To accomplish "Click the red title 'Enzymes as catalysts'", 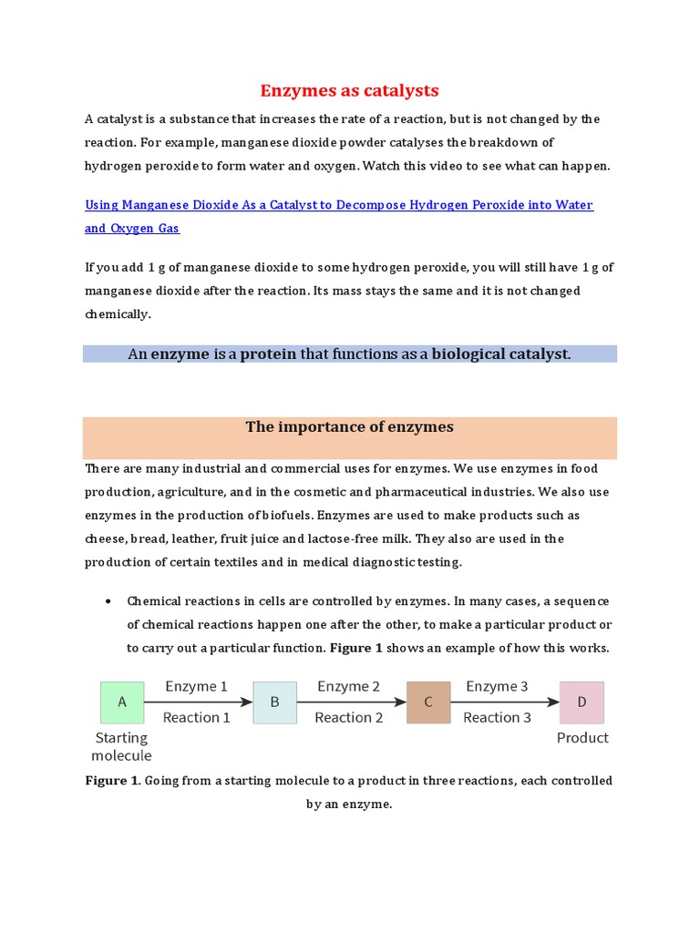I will pyautogui.click(x=350, y=90).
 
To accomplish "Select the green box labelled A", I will pyautogui.click(x=122, y=702).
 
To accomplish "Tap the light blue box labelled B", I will pyautogui.click(x=274, y=702).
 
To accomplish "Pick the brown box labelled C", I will pyautogui.click(x=428, y=702).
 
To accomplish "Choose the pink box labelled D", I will pyautogui.click(x=582, y=702).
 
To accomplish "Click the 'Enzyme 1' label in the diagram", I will pyautogui.click(x=196, y=686).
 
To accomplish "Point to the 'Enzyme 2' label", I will pyautogui.click(x=348, y=686).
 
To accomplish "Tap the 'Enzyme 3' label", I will pyautogui.click(x=497, y=686).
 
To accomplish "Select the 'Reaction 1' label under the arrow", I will pyautogui.click(x=196, y=718).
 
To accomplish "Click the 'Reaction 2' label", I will pyautogui.click(x=348, y=718).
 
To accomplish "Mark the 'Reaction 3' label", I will pyautogui.click(x=497, y=718).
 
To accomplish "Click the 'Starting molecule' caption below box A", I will pyautogui.click(x=121, y=746).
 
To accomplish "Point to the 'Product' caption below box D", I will pyautogui.click(x=582, y=738).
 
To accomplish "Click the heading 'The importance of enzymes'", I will pyautogui.click(x=350, y=427).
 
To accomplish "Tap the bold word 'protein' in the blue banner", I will pyautogui.click(x=268, y=354).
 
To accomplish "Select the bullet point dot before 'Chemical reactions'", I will pyautogui.click(x=108, y=602).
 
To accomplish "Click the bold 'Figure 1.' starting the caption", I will pyautogui.click(x=112, y=781).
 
